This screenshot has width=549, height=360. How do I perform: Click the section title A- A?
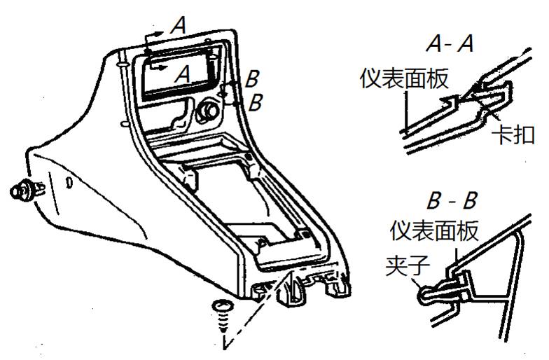pos(450,44)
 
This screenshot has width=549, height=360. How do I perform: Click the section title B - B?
pos(452,202)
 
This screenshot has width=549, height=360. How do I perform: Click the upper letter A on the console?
pos(179,27)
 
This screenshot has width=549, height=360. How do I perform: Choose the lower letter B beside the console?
pos(256,102)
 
